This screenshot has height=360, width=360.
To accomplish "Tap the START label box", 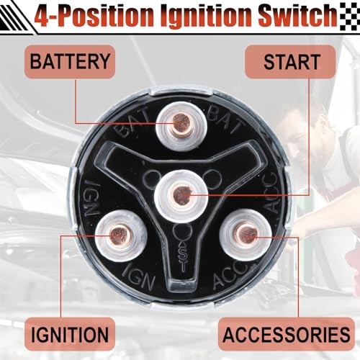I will click(289, 62).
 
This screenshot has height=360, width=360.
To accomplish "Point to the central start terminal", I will click(183, 193).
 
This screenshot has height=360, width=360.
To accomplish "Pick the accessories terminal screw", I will click(246, 232).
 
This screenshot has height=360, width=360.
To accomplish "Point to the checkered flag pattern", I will click(348, 14).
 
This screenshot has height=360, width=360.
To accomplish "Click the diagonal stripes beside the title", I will click(18, 14).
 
